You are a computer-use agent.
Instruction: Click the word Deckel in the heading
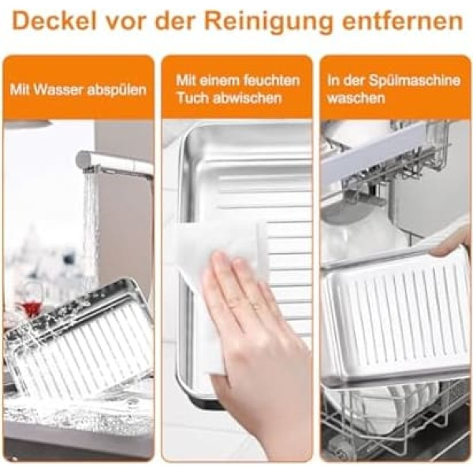(x=54, y=21)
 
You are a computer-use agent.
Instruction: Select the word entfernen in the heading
(x=402, y=21)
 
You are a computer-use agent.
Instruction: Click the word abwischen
(x=245, y=98)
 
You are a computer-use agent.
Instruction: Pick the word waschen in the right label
(x=356, y=99)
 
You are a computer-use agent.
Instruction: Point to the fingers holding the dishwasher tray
(x=451, y=244)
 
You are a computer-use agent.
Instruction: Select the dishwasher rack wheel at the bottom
(x=341, y=451)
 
